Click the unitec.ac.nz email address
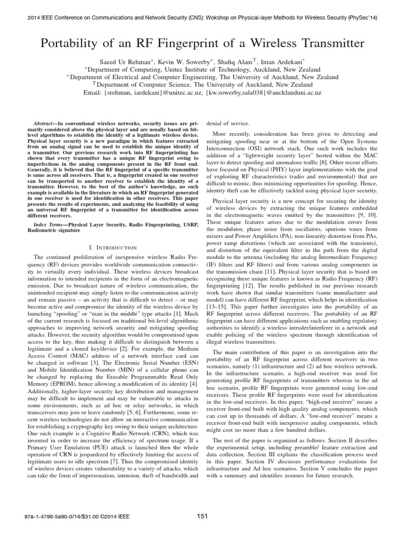point(147,93)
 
